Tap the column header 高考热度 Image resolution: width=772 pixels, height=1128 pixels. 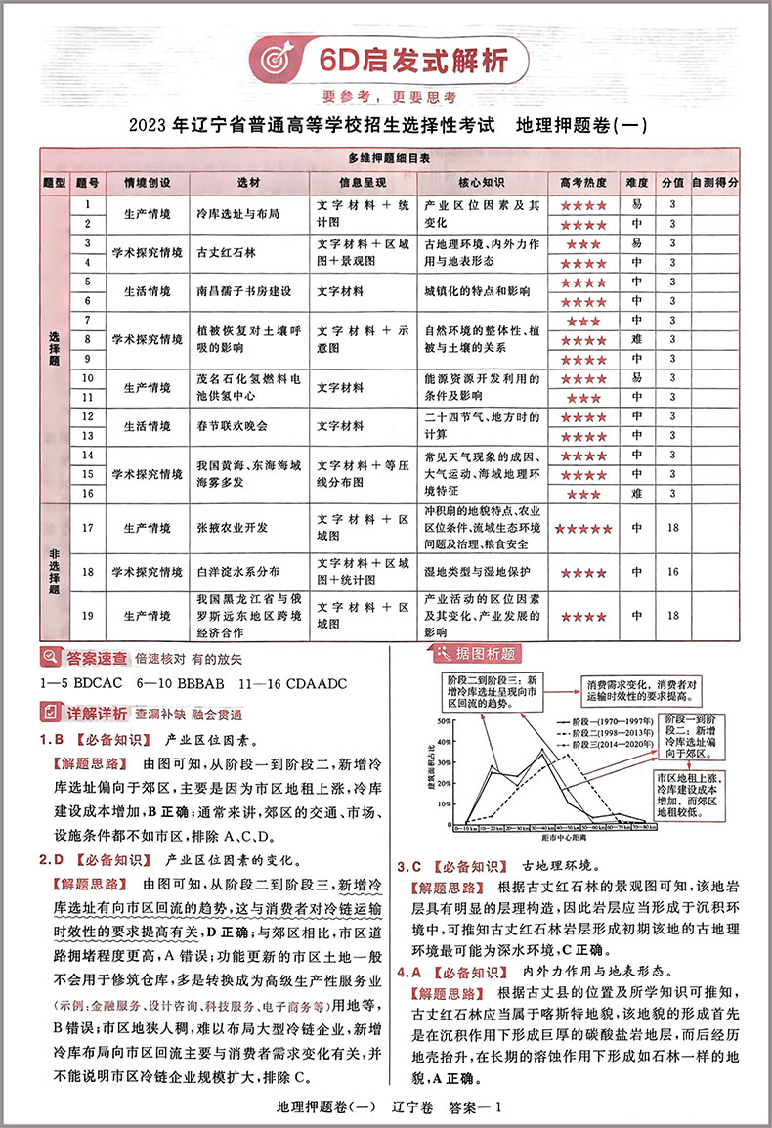coord(583,183)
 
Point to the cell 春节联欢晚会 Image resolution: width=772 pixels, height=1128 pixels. coord(233,426)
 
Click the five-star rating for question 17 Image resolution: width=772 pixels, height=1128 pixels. coord(582,528)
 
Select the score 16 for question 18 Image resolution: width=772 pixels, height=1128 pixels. coord(671,572)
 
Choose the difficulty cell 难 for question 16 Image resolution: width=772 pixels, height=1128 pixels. coord(636,494)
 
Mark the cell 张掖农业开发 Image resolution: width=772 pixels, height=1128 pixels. coord(233,528)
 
